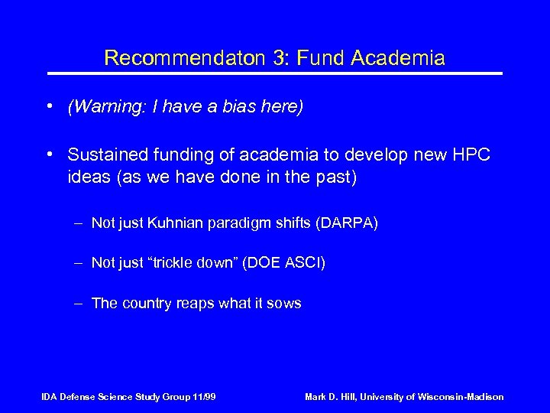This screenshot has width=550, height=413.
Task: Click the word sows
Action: (285, 304)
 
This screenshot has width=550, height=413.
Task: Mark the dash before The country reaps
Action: (79, 304)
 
